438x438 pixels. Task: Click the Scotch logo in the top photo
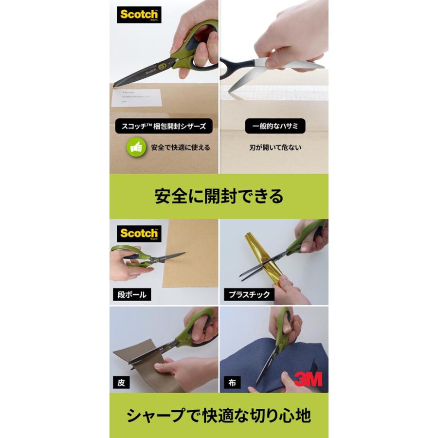[x=139, y=15]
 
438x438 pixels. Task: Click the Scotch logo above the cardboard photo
[x=139, y=234]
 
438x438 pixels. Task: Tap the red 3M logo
[x=308, y=378]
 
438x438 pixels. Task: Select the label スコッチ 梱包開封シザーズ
[x=164, y=127]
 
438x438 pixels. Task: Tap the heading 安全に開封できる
[x=219, y=196]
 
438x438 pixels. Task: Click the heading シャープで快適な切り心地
[x=219, y=416]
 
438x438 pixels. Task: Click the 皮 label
[x=121, y=383]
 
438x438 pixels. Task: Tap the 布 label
[x=232, y=383]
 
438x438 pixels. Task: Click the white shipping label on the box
[x=136, y=97]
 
